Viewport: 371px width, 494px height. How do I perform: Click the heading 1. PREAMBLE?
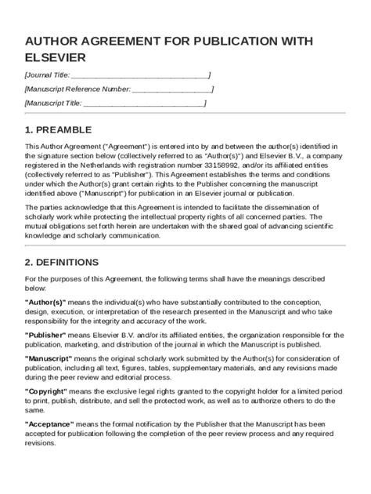tap(58, 129)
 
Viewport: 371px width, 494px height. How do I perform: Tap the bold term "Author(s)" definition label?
tap(45, 302)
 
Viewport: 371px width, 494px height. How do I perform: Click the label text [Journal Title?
tap(48, 75)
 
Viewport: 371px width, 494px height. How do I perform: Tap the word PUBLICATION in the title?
tap(229, 42)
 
